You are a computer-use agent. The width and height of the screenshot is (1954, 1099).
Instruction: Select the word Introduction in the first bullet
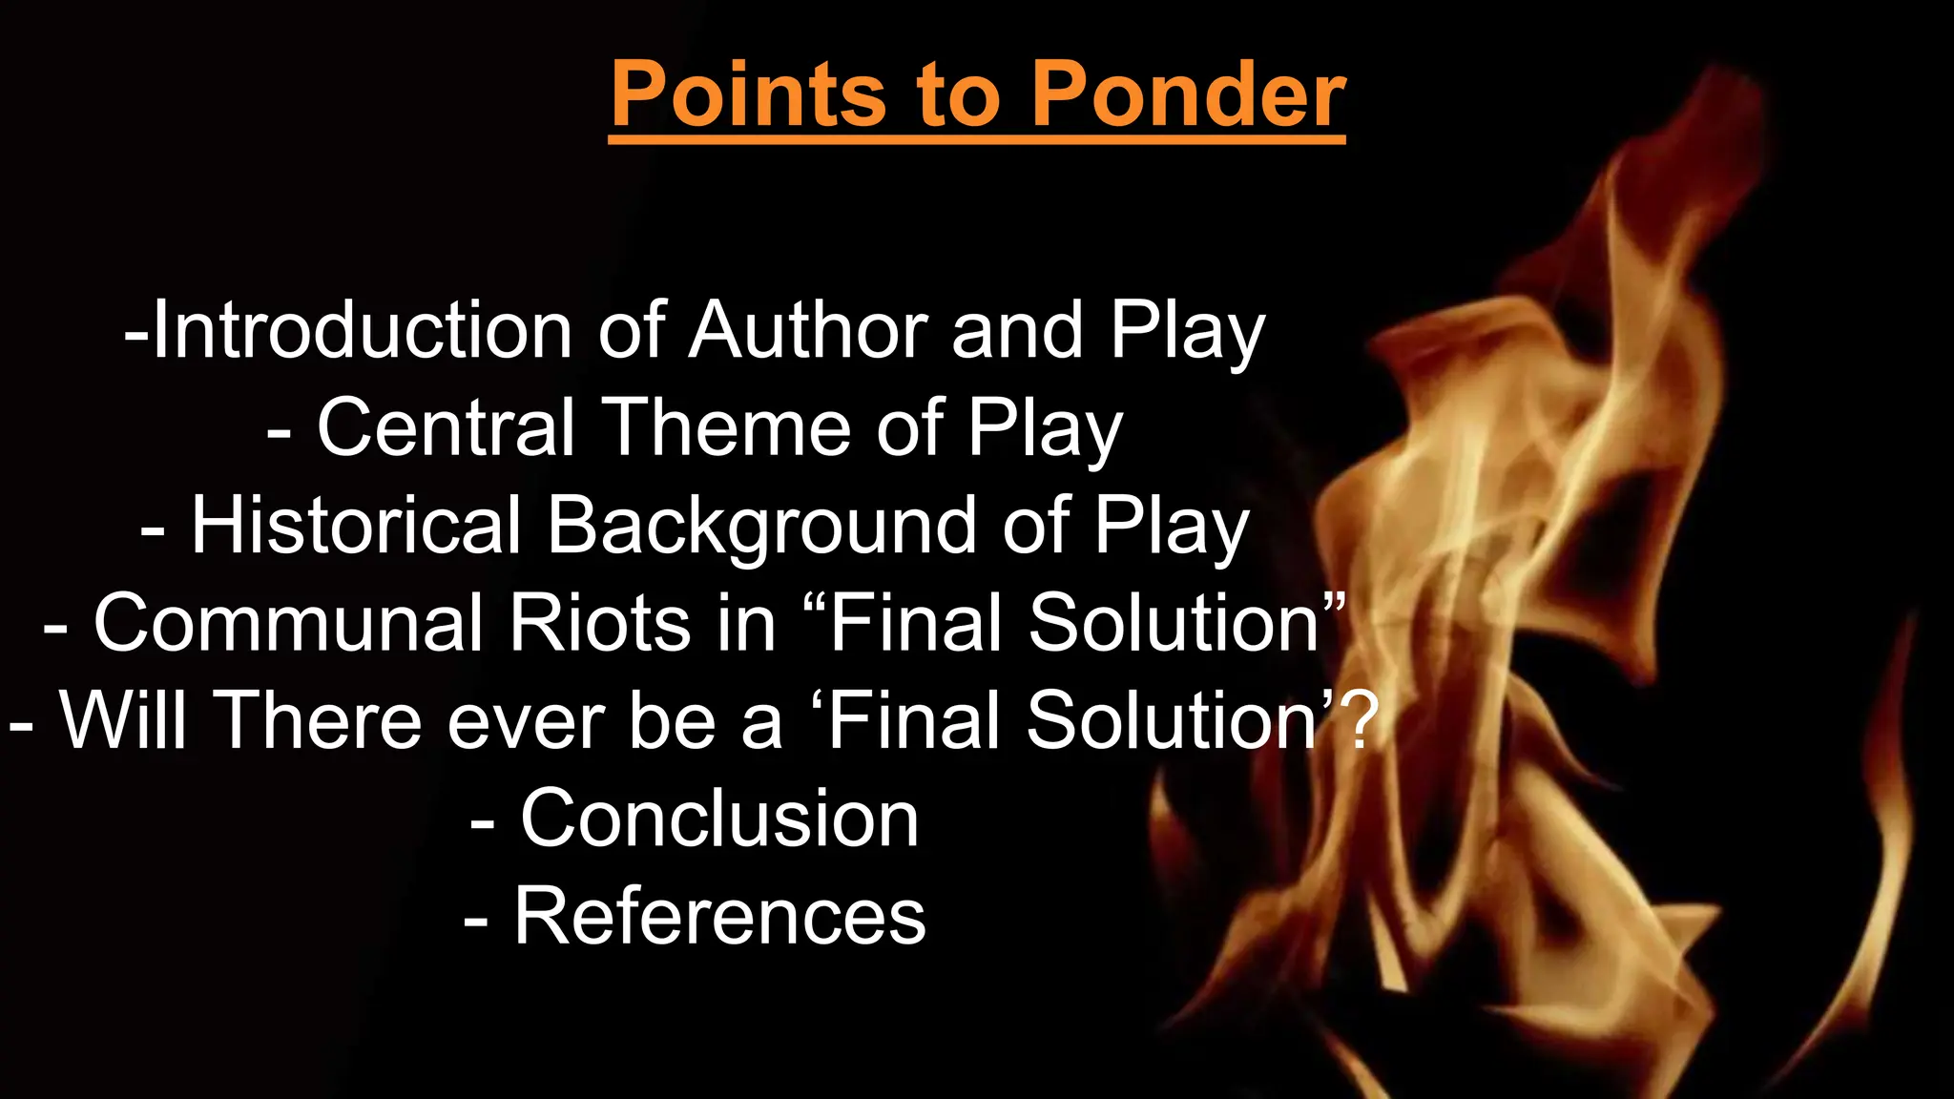[363, 330]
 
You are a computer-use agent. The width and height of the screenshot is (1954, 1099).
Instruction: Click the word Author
[808, 330]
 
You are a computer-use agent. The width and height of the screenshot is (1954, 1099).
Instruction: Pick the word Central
[446, 428]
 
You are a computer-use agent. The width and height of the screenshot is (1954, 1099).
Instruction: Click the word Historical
[356, 526]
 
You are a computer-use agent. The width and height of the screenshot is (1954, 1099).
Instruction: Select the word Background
[761, 528]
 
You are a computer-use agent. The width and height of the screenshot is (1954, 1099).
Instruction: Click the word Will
[123, 720]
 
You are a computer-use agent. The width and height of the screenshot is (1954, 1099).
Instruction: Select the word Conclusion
[719, 819]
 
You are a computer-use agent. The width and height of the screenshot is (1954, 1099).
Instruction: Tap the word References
[719, 916]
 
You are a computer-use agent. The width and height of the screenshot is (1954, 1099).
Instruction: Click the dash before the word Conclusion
[483, 822]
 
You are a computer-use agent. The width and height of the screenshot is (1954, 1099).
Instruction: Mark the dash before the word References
[476, 921]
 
